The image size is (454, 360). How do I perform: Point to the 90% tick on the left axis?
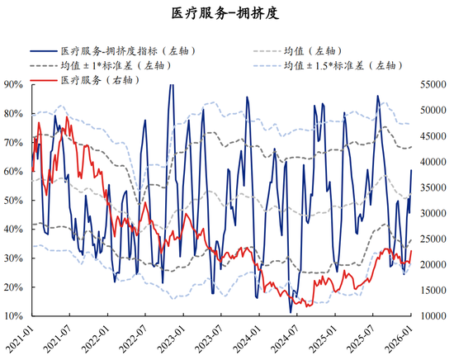(x=13, y=84)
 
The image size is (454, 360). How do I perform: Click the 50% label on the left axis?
(x=13, y=201)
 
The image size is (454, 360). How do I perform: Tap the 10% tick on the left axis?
(x=13, y=317)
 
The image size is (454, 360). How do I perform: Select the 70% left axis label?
(x=13, y=143)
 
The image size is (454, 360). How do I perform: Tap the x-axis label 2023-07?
(x=211, y=339)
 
